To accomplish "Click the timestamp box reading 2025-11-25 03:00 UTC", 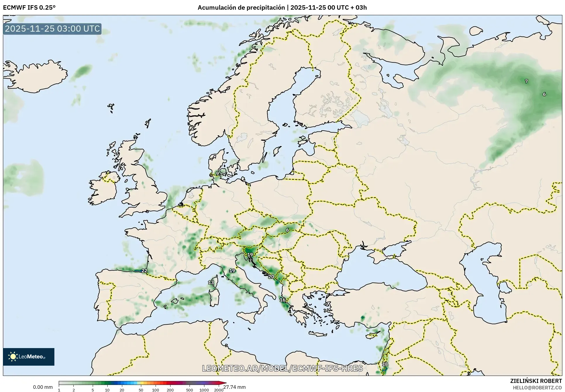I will [x=52, y=29].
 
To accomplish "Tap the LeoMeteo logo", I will [x=29, y=357].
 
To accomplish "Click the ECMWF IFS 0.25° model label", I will [x=29, y=8].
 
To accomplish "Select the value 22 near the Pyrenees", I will [x=144, y=271].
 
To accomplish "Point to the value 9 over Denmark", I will [x=217, y=174].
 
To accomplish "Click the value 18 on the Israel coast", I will [x=385, y=364].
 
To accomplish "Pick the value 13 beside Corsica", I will [x=211, y=283].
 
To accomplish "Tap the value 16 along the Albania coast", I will [x=282, y=300].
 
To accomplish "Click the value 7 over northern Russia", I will [x=526, y=81].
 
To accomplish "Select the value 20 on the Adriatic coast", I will [x=271, y=276].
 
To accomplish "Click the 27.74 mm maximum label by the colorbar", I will [x=235, y=387].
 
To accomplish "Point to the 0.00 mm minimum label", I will [x=43, y=387].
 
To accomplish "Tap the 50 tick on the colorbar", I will [x=141, y=390].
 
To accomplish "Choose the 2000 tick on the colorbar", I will [x=219, y=390].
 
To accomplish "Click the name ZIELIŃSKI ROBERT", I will [x=536, y=381].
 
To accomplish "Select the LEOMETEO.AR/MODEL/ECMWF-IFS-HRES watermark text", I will [x=282, y=368].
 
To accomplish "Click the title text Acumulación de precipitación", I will [x=241, y=8].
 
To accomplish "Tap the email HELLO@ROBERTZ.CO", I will [x=537, y=388].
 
